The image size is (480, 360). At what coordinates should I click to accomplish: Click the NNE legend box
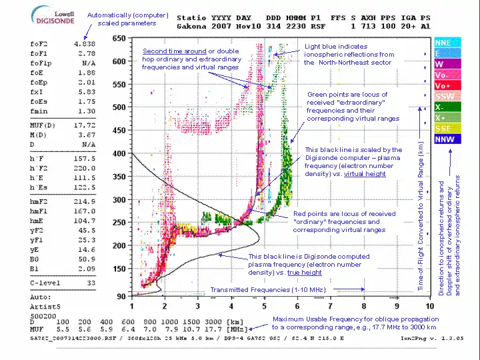pos(443,43)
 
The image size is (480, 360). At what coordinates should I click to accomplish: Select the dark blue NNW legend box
pos(444,139)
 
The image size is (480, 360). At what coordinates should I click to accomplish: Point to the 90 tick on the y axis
pos(121,295)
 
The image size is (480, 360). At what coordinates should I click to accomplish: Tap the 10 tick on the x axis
pos(429,305)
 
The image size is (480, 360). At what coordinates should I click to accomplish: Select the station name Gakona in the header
pos(191,27)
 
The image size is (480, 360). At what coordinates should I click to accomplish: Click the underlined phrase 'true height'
pos(305,273)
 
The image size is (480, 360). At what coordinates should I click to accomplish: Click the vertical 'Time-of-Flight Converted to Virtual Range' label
pos(421,215)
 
